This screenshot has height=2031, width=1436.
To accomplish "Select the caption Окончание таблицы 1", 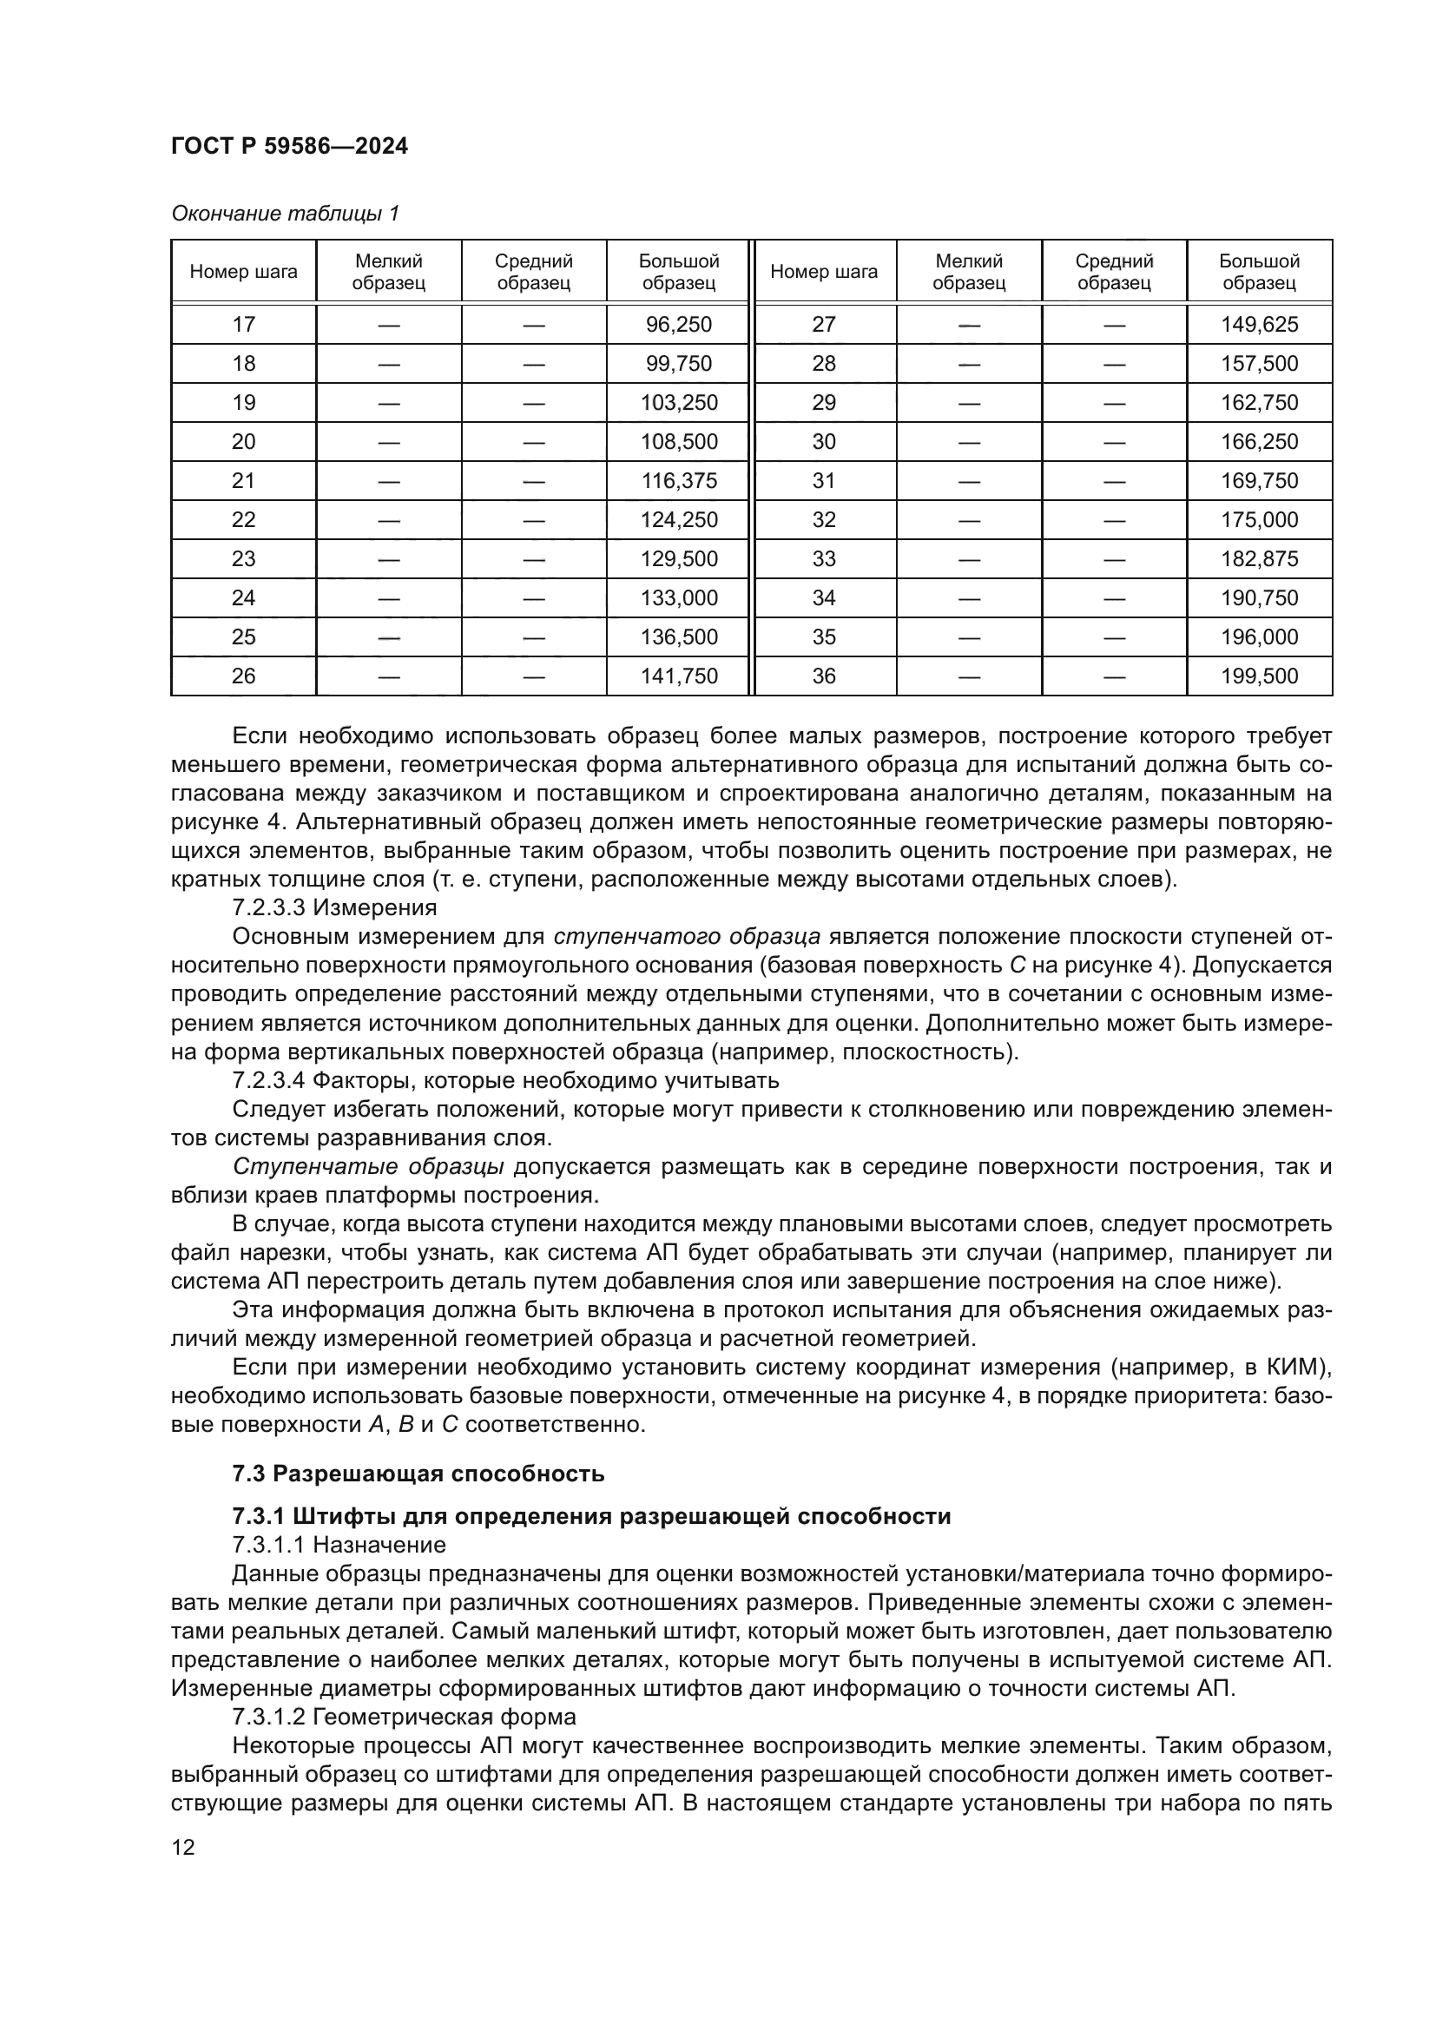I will [x=285, y=214].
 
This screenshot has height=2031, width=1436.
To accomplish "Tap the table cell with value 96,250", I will [x=678, y=325].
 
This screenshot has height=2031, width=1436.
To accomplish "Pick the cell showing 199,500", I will [x=1259, y=676].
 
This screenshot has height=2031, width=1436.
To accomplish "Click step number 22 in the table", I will [x=243, y=520].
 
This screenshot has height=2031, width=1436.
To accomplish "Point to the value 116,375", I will [x=678, y=481].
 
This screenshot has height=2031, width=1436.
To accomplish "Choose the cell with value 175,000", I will [x=1259, y=520].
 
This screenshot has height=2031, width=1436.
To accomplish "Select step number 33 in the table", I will [x=823, y=559].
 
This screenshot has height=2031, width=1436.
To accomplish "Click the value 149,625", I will [x=1259, y=325].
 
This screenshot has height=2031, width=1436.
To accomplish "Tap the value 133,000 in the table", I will [x=678, y=598].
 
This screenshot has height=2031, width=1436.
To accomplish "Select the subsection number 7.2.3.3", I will [x=269, y=907].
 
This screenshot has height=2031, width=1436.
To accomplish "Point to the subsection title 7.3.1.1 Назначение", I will [x=339, y=1545].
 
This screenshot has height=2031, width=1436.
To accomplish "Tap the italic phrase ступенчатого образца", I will [x=687, y=937].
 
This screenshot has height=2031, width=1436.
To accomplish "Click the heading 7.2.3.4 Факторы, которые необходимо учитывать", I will [x=505, y=1080].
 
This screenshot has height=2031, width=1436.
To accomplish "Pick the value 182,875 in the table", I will [x=1259, y=559].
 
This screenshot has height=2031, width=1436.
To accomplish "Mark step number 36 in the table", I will [x=823, y=676].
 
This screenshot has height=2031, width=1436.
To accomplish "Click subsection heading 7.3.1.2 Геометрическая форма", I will [x=403, y=1717].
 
